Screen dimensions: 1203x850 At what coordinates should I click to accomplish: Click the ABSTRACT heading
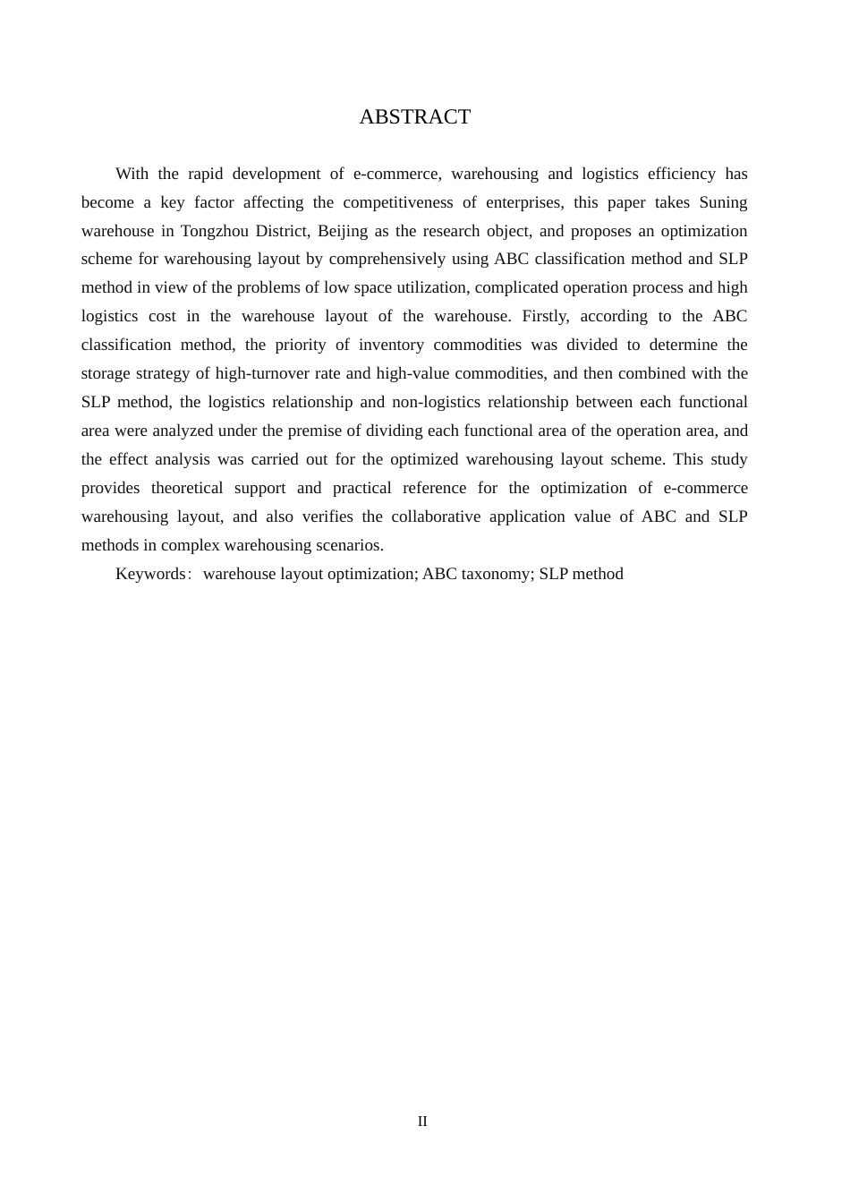(x=414, y=117)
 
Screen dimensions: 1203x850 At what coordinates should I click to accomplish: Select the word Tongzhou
(x=215, y=231)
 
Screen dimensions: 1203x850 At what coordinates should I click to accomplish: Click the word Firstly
(x=545, y=316)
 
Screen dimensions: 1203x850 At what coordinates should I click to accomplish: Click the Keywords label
(x=150, y=574)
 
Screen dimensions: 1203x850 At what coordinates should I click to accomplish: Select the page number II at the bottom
(x=422, y=1122)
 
